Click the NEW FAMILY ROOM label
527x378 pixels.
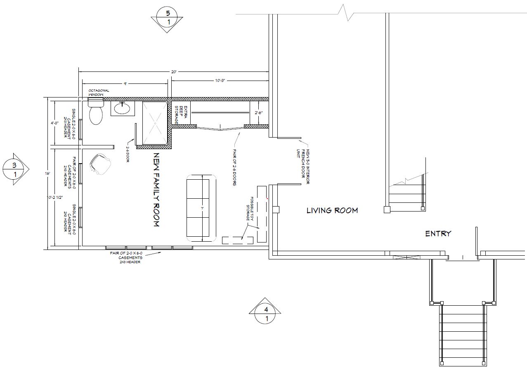coord(156,190)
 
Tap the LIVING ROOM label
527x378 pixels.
coord(332,210)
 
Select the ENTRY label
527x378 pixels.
coord(438,234)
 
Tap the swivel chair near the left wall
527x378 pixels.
coord(100,164)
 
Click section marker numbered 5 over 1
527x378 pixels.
coord(168,18)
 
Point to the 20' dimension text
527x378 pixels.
coord(174,72)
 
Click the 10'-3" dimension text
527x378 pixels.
coord(219,81)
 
